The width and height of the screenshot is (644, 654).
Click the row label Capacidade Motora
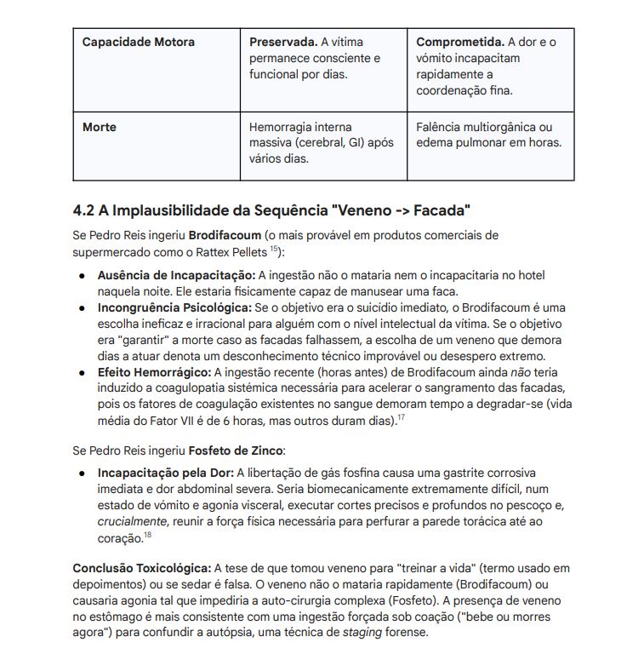[139, 42]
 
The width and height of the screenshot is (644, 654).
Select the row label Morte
[100, 127]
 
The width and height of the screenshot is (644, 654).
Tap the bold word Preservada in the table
[283, 42]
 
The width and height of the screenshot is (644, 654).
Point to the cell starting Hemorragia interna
[321, 142]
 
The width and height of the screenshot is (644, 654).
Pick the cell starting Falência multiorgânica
[488, 135]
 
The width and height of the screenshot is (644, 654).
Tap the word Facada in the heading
[435, 210]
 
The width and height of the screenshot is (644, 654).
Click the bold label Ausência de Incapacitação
[176, 276]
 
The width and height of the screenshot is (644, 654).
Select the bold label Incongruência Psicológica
[174, 307]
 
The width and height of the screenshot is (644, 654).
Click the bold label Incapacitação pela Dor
[166, 473]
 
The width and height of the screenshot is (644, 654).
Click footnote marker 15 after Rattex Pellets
[274, 250]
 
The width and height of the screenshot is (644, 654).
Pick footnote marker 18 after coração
[147, 535]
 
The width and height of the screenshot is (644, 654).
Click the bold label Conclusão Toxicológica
[141, 568]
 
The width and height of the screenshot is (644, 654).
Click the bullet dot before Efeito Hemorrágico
[81, 372]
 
